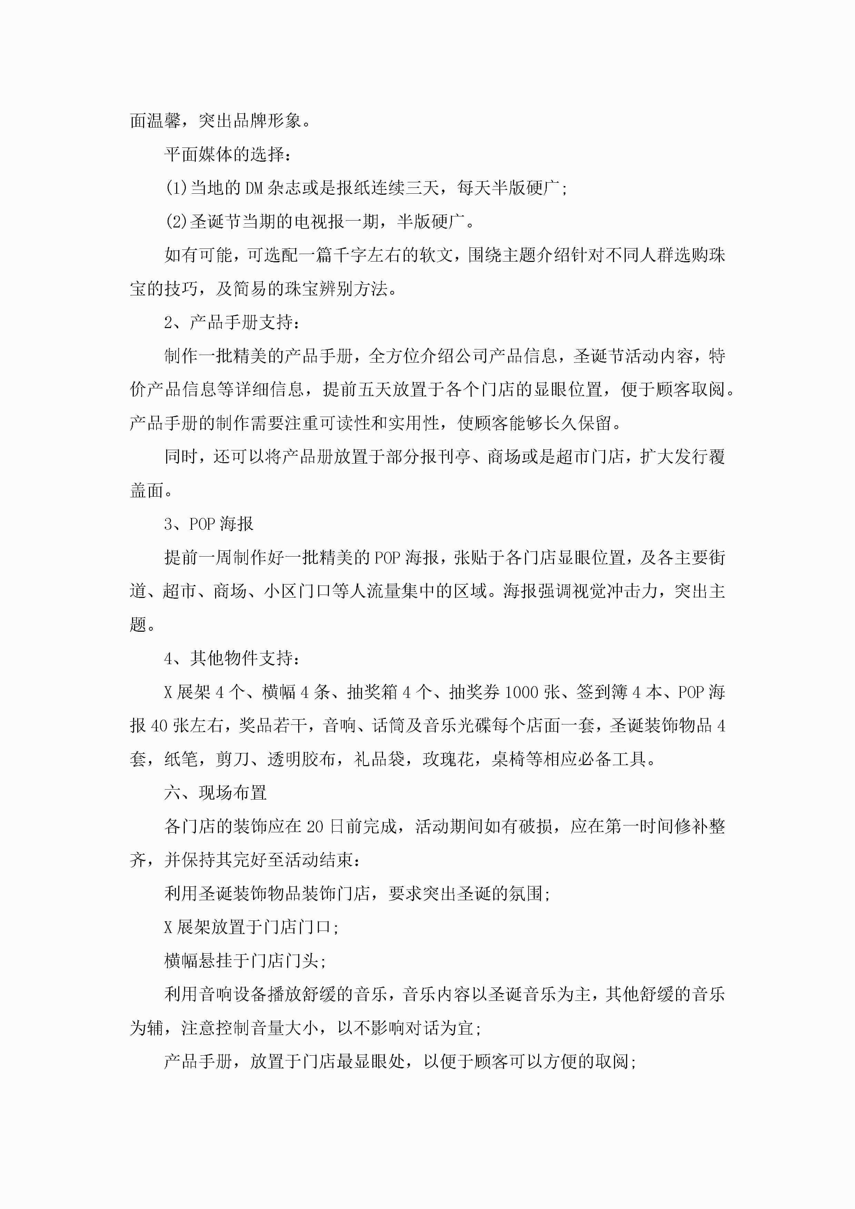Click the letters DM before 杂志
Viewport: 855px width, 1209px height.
point(254,188)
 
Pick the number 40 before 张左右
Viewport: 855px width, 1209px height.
point(159,725)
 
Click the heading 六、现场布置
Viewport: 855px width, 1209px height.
point(215,792)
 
